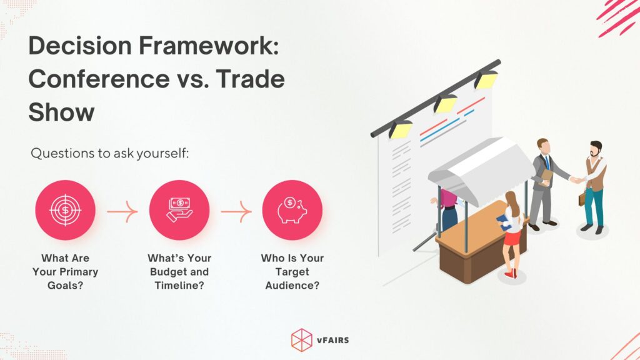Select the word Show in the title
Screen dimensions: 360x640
(x=61, y=112)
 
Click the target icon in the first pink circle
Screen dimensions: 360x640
(x=65, y=210)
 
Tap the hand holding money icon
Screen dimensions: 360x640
(x=179, y=210)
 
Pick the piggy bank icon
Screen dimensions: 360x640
(x=292, y=210)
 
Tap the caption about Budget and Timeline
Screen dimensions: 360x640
(x=179, y=272)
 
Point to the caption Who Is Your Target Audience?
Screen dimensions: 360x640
(x=292, y=272)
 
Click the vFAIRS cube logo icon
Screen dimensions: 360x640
(x=301, y=339)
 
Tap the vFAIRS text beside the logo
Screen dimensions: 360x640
(x=334, y=339)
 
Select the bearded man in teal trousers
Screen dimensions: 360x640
(x=594, y=184)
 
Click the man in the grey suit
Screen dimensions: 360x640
(x=544, y=181)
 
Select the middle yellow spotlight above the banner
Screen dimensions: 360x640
(x=445, y=102)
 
